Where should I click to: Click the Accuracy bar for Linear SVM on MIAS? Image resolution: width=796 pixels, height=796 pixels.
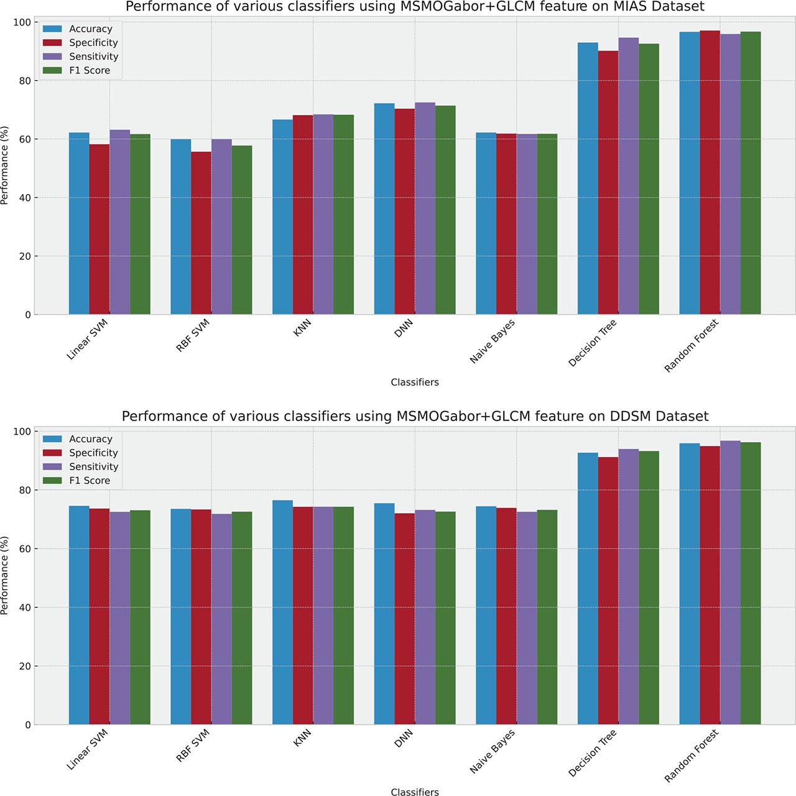coord(79,224)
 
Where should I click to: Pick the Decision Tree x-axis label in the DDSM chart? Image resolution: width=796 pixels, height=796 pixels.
coord(592,751)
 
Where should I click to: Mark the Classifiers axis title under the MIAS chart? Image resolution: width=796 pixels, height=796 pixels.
coord(415,382)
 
